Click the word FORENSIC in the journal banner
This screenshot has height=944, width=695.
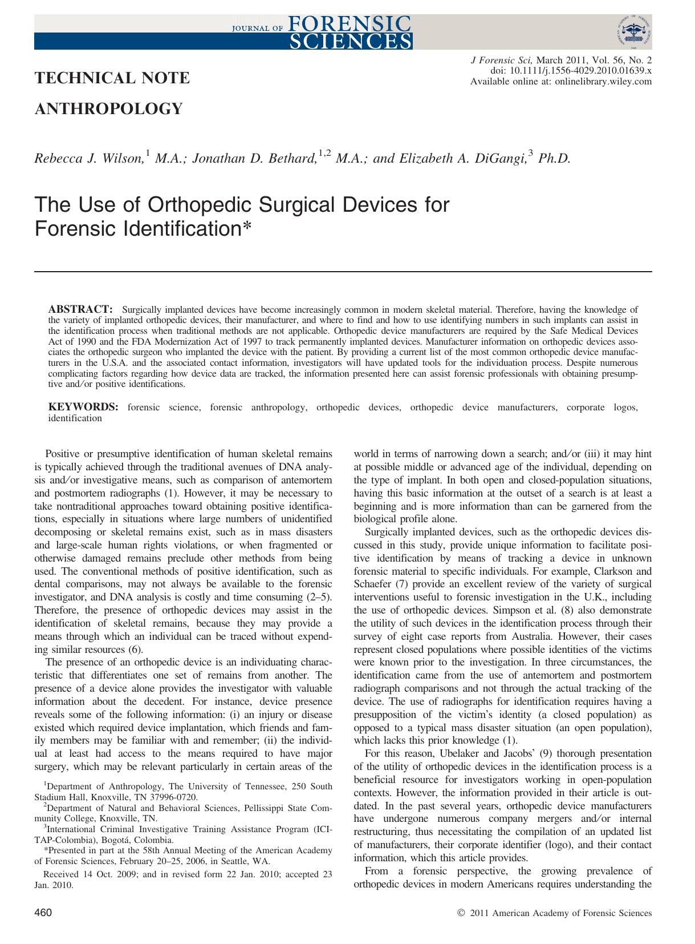[349, 23]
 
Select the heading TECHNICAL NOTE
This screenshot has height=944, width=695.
[112, 78]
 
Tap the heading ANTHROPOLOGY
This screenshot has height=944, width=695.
[109, 108]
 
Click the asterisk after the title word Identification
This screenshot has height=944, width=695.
[246, 228]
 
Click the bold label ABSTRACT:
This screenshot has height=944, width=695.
[80, 309]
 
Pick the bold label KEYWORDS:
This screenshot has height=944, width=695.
[83, 408]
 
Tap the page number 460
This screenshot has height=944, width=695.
[43, 913]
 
